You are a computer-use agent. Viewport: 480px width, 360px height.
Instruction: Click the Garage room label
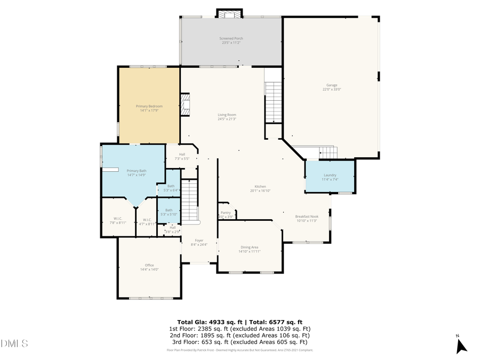tap(332, 85)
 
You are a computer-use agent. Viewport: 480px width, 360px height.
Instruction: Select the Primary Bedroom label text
tap(149, 106)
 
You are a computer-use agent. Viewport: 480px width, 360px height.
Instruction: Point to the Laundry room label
tap(330, 175)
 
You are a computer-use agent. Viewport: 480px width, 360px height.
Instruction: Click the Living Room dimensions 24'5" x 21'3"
tap(227, 119)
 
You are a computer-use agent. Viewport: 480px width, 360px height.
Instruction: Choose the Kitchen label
tap(260, 186)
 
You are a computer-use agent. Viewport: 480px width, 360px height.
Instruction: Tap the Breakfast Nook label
tap(307, 216)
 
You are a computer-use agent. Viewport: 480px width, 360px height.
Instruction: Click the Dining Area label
tap(250, 247)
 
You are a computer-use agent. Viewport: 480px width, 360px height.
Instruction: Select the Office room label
tap(149, 265)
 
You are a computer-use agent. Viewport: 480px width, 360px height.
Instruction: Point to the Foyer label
tap(198, 241)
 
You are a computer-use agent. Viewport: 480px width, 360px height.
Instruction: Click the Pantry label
tap(226, 212)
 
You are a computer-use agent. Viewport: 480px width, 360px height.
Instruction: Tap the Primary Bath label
tap(136, 171)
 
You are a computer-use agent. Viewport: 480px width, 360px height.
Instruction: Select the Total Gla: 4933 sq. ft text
tap(210, 322)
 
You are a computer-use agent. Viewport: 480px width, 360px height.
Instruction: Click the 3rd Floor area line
tap(239, 342)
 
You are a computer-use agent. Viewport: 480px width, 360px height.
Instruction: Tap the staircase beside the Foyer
tap(189, 200)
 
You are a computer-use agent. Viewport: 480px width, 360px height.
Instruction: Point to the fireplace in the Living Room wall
tap(185, 105)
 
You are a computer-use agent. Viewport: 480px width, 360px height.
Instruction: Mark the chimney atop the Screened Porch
tap(229, 13)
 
